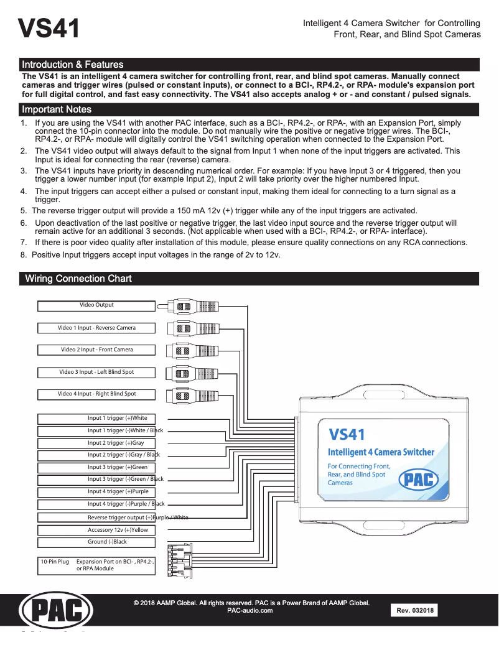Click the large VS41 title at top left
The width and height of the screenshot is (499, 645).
point(49,29)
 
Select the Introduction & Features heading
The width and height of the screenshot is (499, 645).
point(72,65)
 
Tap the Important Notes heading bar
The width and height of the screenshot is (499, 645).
point(57,109)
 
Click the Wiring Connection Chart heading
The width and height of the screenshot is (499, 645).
point(78,279)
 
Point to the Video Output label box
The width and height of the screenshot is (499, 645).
point(96,305)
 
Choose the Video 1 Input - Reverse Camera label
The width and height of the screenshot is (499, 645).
point(96,328)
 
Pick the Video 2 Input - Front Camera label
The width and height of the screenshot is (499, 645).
point(96,350)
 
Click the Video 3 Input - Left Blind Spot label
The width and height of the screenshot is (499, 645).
point(96,372)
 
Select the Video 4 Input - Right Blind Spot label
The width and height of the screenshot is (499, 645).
point(96,394)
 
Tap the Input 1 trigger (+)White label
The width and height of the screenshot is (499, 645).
point(117,419)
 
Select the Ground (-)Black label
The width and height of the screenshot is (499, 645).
point(107,542)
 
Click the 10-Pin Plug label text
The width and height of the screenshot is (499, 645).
point(55,562)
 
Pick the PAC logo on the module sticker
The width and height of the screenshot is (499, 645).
point(418,480)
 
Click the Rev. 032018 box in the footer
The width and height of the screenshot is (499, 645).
point(414,610)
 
